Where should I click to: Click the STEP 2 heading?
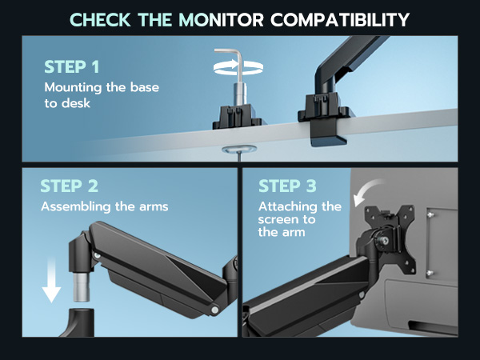tap(70, 187)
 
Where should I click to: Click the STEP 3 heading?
tap(288, 187)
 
